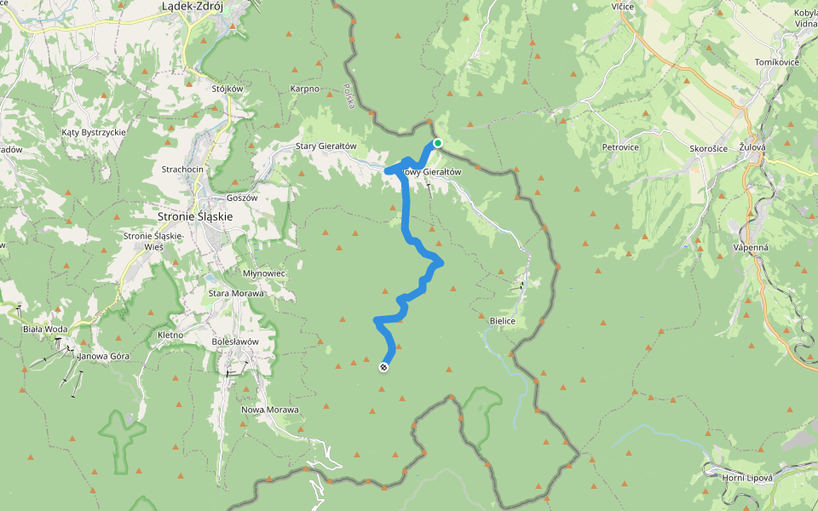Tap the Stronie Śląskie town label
click(x=195, y=216)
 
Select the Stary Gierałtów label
click(x=325, y=146)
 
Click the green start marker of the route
click(x=437, y=143)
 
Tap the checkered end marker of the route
click(x=383, y=367)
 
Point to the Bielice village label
click(x=504, y=320)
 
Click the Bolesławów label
click(x=234, y=342)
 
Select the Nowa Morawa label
click(x=271, y=410)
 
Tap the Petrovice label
click(x=620, y=146)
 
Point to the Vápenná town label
click(x=752, y=248)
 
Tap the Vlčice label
click(x=622, y=6)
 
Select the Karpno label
click(x=304, y=89)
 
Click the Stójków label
click(x=228, y=89)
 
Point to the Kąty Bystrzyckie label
click(x=94, y=133)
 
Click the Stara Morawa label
click(x=236, y=293)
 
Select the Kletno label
click(x=171, y=336)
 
